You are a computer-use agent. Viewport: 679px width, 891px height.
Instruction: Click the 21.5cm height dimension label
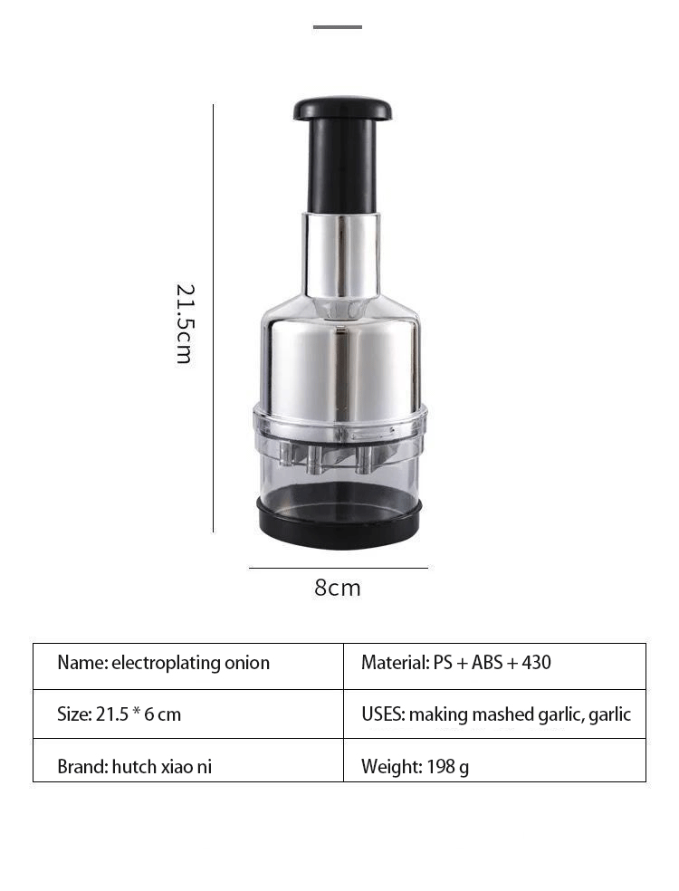pyautogui.click(x=184, y=323)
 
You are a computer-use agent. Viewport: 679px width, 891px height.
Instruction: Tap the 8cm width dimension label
pyautogui.click(x=338, y=588)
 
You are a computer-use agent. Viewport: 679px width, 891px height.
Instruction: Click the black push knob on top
pyautogui.click(x=342, y=110)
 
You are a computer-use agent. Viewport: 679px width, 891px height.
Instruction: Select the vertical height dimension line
pyautogui.click(x=214, y=317)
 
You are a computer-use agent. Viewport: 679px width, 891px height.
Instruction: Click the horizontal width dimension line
pyautogui.click(x=338, y=568)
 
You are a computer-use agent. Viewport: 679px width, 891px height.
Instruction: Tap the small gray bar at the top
pyautogui.click(x=338, y=27)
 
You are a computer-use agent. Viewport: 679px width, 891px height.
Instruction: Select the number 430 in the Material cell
pyautogui.click(x=536, y=663)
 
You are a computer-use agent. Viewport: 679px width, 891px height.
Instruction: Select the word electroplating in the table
pyautogui.click(x=165, y=663)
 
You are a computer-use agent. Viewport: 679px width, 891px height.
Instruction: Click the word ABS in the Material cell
pyautogui.click(x=488, y=663)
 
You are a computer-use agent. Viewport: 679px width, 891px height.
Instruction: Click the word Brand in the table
pyautogui.click(x=80, y=767)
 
